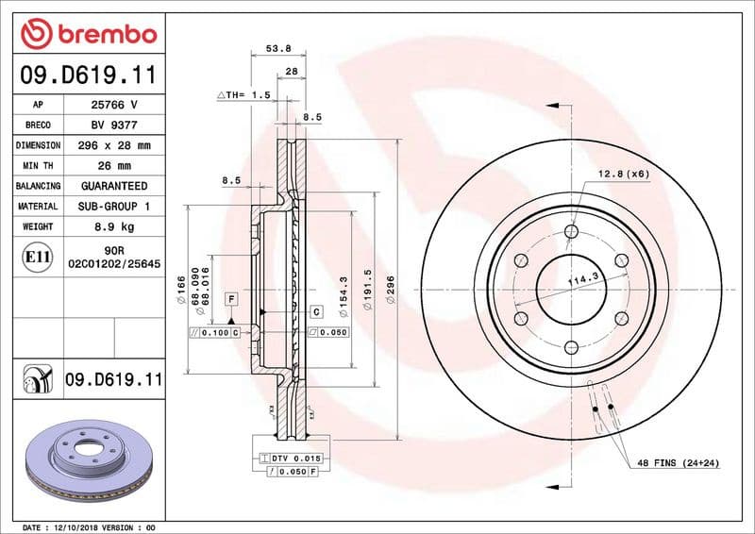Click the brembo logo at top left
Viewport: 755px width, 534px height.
pos(88,35)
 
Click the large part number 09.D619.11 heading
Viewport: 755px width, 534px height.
pos(88,74)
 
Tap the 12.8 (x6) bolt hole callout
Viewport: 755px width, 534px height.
pos(622,174)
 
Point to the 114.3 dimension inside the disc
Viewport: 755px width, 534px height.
pos(584,278)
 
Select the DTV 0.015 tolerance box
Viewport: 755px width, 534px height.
pos(296,458)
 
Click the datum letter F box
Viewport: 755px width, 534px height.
pos(230,298)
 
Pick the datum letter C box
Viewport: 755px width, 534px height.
pos(316,311)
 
